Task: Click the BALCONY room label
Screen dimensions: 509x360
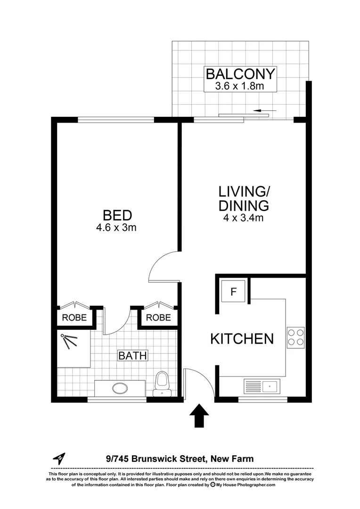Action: pos(240,74)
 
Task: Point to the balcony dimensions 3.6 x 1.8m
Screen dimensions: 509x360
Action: pos(240,86)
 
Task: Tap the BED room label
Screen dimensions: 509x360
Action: pos(117,215)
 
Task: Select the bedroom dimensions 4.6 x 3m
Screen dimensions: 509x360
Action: pos(117,228)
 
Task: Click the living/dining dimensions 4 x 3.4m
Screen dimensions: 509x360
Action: pos(243,218)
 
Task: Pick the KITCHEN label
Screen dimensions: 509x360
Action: pos(242,338)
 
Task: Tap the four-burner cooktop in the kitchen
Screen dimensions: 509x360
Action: pos(295,337)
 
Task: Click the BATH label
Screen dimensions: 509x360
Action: pos(132,355)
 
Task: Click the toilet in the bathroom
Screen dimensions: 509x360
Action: pos(162,382)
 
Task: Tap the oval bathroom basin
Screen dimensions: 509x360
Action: pos(120,389)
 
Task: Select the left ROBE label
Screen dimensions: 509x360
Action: pos(74,318)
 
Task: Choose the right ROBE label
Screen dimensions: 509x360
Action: pos(158,318)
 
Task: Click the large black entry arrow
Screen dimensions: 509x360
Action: pos(199,415)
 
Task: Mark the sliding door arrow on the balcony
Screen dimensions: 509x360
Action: pos(264,111)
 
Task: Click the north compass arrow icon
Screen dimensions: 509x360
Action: pos(59,458)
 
